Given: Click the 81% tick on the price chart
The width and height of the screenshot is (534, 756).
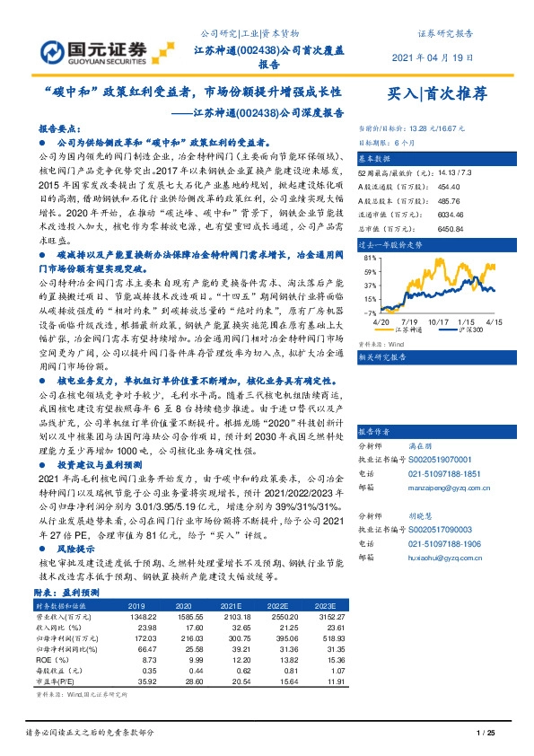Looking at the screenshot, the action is (370, 258).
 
